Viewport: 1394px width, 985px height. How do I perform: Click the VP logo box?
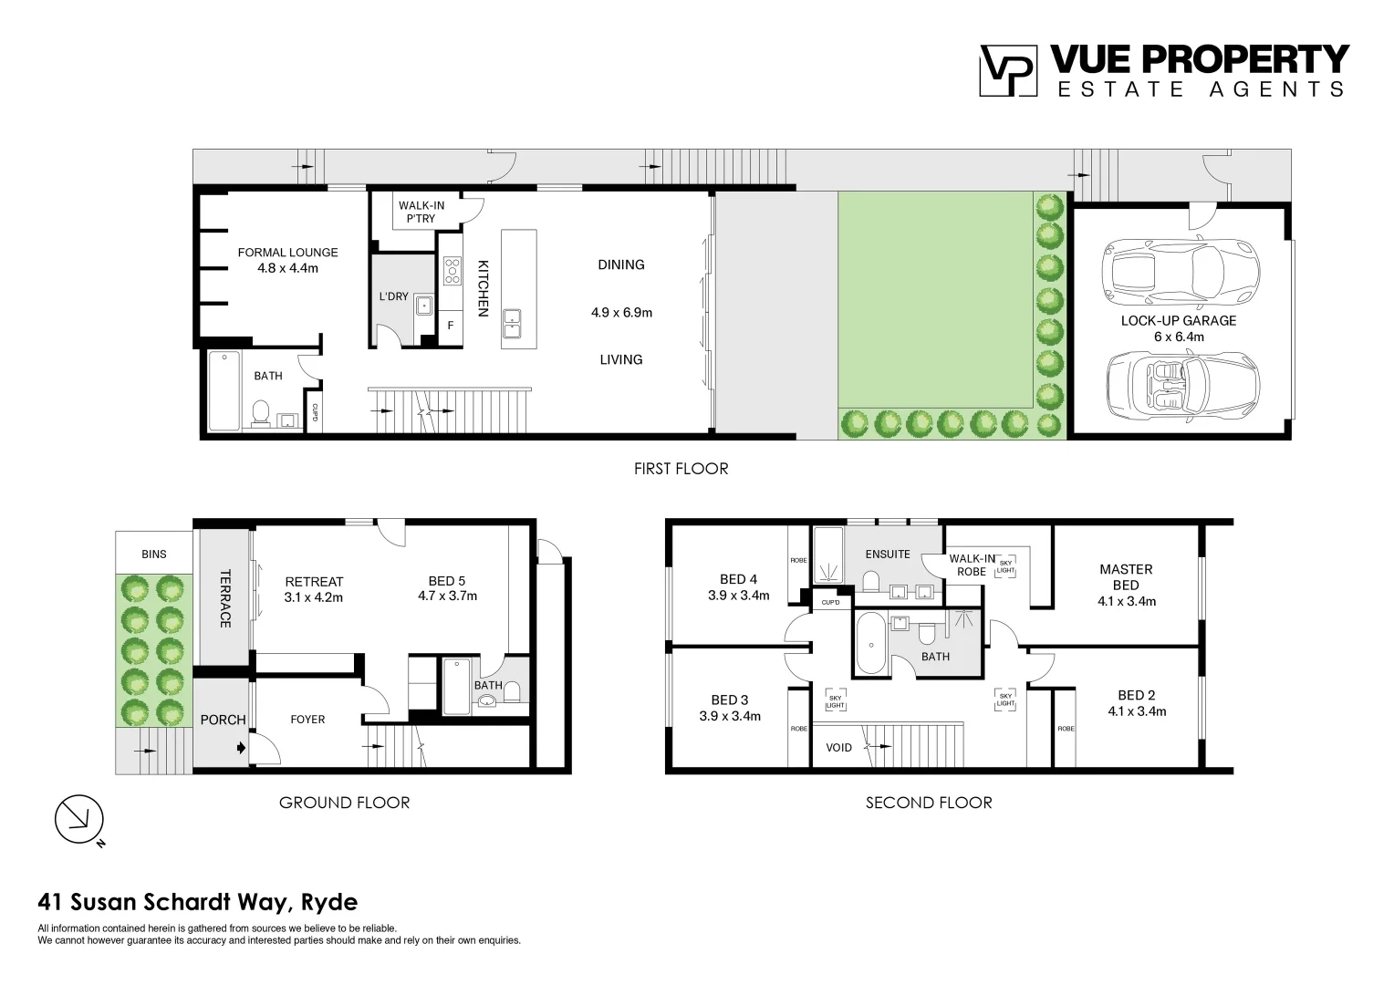tap(1008, 70)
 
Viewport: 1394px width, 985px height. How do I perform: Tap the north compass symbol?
tap(79, 820)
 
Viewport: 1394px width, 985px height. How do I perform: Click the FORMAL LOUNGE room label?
tap(287, 252)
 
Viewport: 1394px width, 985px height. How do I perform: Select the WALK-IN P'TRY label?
tap(421, 212)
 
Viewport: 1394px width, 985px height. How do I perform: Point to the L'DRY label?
tap(393, 296)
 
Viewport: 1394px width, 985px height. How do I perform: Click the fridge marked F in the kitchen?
tap(450, 326)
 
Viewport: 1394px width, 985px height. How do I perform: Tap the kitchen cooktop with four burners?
tap(452, 271)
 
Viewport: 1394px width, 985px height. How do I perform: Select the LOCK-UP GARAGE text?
tap(1178, 320)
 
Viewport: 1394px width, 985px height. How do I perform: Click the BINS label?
tap(153, 554)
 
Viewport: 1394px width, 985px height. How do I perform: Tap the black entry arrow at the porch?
tap(242, 748)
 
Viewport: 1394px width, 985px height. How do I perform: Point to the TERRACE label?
tap(225, 598)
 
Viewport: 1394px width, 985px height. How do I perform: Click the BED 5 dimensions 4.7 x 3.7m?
tap(447, 596)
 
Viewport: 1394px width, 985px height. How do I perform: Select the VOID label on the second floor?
tap(839, 747)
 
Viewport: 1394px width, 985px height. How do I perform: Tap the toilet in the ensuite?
tap(870, 581)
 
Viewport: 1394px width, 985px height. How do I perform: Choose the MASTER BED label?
tap(1126, 576)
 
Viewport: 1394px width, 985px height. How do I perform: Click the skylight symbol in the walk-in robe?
tap(1005, 566)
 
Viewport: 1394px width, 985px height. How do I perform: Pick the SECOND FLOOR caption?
tap(929, 803)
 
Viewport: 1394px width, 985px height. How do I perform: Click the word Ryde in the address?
tap(329, 902)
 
